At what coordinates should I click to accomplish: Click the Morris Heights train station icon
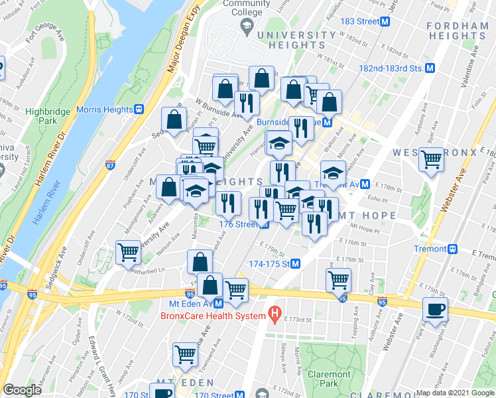[139, 109]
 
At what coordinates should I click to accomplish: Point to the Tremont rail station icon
[453, 249]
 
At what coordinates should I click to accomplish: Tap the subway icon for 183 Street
[384, 21]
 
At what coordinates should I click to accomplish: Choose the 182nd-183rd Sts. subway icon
[430, 68]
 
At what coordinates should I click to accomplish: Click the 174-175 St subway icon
[295, 263]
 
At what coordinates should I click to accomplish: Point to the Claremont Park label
[329, 379]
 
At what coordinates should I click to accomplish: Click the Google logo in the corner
[22, 389]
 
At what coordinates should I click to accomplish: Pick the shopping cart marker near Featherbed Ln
[128, 252]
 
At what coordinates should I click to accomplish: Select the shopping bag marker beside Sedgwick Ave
[174, 120]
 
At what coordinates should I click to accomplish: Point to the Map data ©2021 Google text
[454, 393]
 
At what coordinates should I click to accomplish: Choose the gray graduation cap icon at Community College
[246, 25]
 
